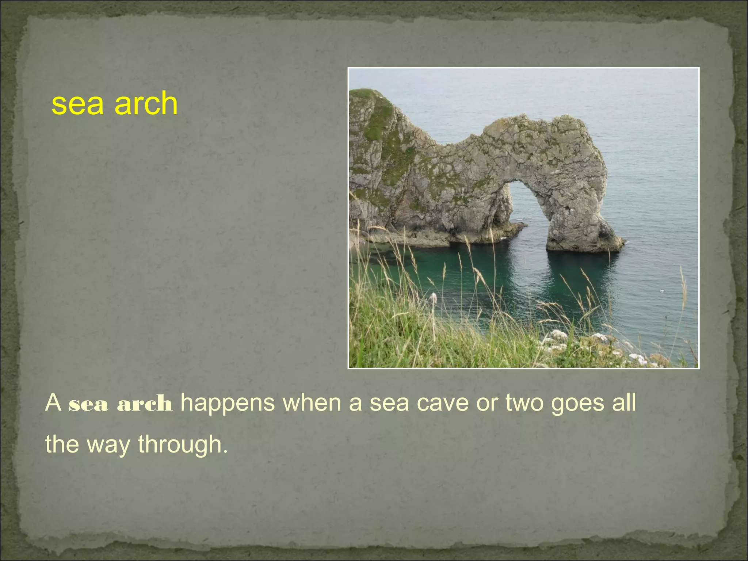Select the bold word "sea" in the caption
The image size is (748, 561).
(x=88, y=404)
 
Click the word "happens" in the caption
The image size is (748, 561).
(x=228, y=403)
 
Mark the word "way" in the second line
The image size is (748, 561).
(x=108, y=445)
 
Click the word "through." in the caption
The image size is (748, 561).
(x=183, y=445)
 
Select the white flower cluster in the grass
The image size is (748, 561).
(x=559, y=334)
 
